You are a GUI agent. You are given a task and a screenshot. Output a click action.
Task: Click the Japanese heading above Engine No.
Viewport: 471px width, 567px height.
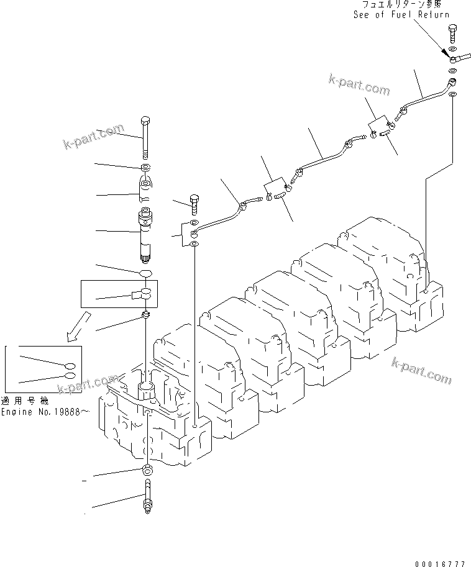point(22,401)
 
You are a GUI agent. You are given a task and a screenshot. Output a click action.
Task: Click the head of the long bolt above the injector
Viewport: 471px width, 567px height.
point(145,120)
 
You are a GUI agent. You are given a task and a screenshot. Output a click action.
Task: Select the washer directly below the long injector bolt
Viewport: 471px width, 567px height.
point(145,168)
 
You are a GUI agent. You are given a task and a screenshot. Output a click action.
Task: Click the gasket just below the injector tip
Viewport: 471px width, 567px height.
point(145,273)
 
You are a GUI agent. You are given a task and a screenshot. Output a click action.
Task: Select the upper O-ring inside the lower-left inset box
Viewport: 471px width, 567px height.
point(72,366)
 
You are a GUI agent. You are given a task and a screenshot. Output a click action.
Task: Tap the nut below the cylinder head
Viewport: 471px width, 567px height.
point(147,469)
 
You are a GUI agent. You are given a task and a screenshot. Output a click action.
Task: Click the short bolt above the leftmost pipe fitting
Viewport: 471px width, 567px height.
point(193,203)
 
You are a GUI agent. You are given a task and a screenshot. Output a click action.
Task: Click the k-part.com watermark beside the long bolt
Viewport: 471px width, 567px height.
point(94,137)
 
